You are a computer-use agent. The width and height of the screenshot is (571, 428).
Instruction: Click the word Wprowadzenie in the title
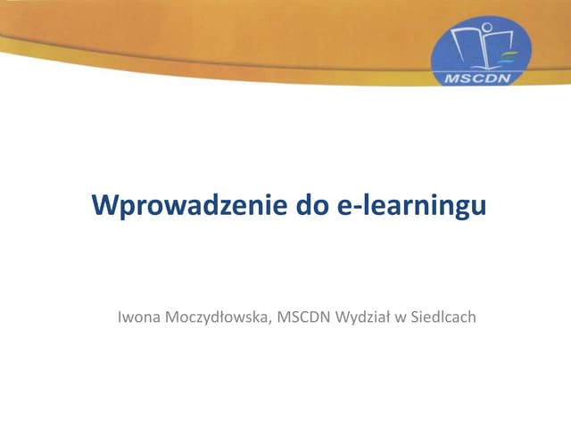point(186,205)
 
